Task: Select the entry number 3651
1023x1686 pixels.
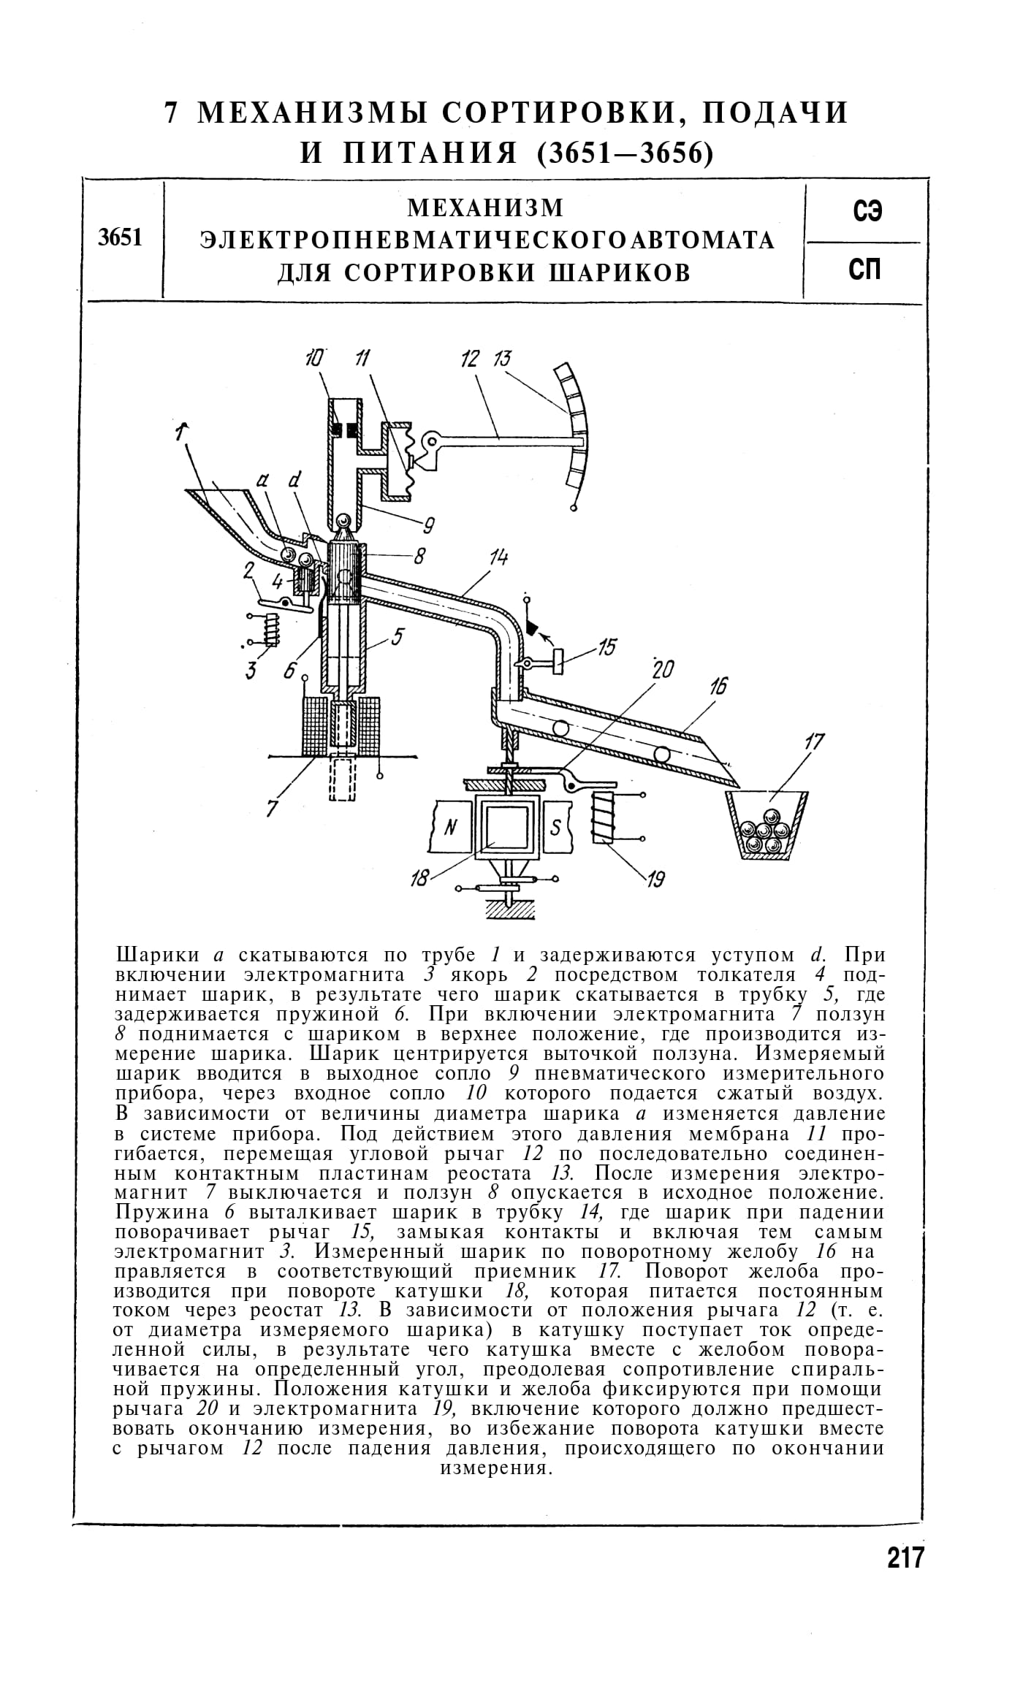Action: click(121, 238)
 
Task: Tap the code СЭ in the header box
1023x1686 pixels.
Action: click(867, 213)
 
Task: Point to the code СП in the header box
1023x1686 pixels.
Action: click(867, 270)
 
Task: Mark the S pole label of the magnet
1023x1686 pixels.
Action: click(555, 827)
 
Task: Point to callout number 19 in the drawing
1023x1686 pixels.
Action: click(655, 880)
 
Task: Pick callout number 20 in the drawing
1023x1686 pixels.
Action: click(663, 669)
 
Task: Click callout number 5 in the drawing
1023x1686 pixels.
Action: click(397, 637)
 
